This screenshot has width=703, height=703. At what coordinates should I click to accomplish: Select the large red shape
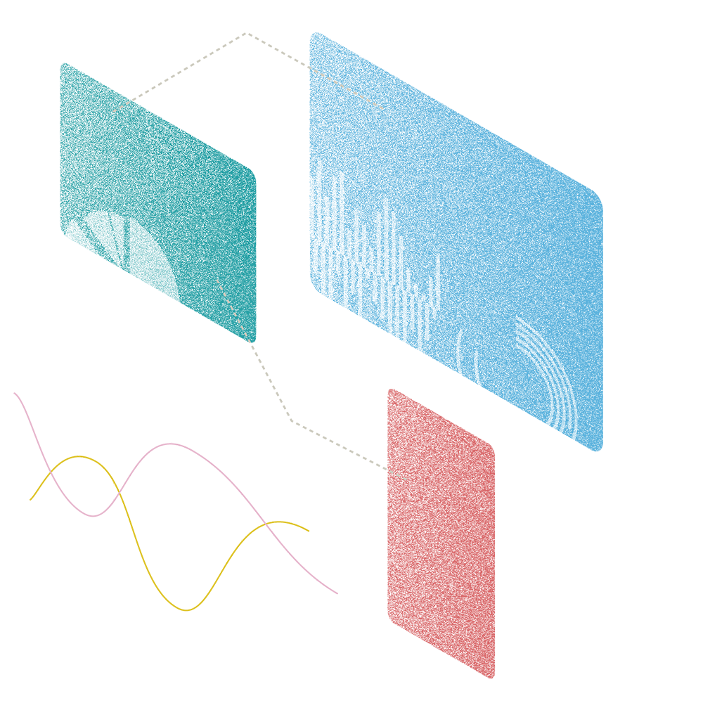point(478,562)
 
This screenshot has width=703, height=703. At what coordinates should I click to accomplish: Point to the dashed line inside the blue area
point(348,89)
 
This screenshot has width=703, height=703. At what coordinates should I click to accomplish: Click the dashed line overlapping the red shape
point(397,475)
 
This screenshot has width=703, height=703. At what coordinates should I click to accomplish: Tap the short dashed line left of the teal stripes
point(121,107)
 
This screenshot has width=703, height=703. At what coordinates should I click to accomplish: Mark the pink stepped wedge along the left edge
point(32,415)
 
